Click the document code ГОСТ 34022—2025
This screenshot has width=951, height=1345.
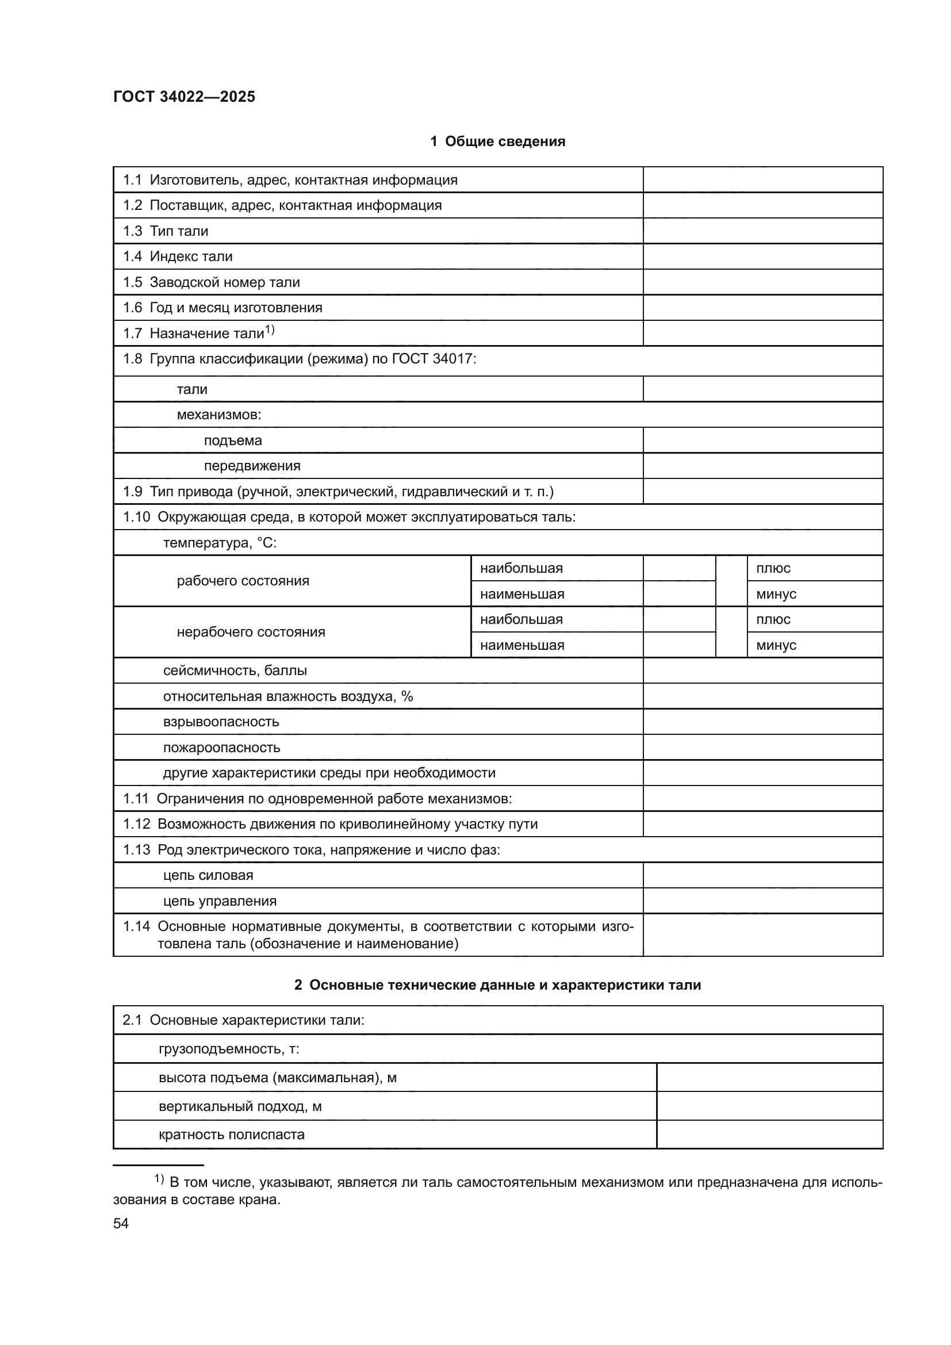click(x=184, y=97)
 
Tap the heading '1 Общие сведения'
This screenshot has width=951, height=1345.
click(x=497, y=141)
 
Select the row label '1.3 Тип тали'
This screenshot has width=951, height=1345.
click(x=165, y=231)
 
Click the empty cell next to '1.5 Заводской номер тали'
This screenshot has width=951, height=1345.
click(x=762, y=282)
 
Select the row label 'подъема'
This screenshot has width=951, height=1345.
click(x=232, y=440)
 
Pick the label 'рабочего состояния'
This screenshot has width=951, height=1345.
click(x=243, y=581)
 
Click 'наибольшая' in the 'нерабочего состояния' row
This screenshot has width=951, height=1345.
click(x=521, y=619)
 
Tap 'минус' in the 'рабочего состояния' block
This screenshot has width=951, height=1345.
click(x=776, y=594)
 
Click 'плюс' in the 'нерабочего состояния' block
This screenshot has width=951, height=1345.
click(x=773, y=619)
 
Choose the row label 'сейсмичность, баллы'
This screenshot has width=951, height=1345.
click(x=235, y=670)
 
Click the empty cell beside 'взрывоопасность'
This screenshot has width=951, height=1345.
click(x=762, y=722)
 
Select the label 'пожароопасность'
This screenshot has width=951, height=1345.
click(x=221, y=748)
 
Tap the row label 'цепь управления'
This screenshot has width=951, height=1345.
click(x=220, y=901)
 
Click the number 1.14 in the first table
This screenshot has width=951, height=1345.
click(x=136, y=927)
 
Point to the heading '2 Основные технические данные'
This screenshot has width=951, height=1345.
click(x=497, y=986)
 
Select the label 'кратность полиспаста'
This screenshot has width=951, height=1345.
click(x=231, y=1134)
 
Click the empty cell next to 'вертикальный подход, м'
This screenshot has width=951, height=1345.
click(x=769, y=1106)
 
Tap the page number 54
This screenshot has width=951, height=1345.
click(x=121, y=1223)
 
